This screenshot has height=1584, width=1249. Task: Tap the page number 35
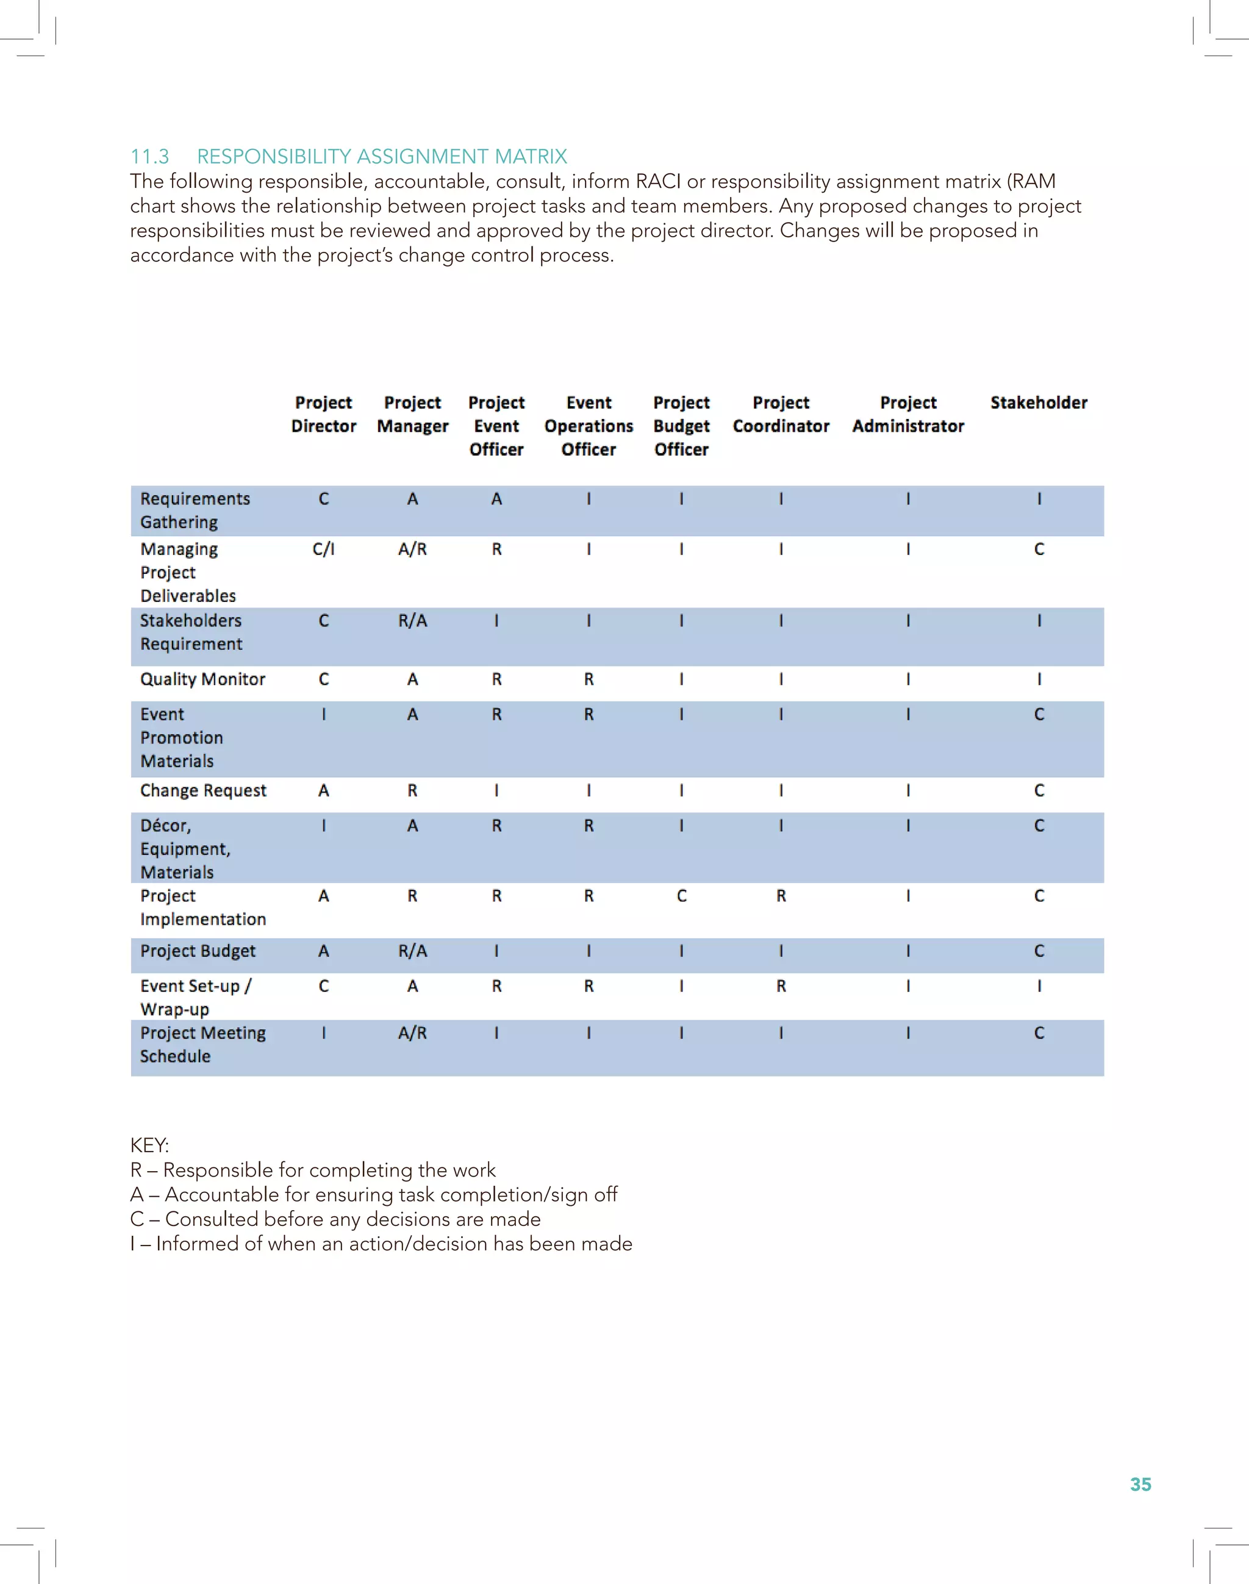tap(1140, 1484)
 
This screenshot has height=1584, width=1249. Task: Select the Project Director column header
tap(323, 414)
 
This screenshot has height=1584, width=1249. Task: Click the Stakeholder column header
tap(1039, 403)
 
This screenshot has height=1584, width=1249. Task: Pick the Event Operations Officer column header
tap(589, 426)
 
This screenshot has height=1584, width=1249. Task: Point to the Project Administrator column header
tap(907, 414)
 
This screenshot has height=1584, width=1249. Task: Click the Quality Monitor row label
tap(202, 679)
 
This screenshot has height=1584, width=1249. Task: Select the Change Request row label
tap(203, 790)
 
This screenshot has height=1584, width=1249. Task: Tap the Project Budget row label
tap(198, 951)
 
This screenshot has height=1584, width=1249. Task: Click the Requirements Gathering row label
tap(195, 510)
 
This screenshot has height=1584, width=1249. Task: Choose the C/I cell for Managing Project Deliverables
tap(323, 549)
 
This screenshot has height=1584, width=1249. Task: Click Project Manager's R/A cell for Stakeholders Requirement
tap(412, 621)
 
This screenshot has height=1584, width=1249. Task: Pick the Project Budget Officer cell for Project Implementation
tap(681, 896)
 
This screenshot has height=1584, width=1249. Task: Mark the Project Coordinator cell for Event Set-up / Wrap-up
tap(781, 986)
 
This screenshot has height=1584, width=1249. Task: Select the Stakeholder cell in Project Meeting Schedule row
tap(1039, 1033)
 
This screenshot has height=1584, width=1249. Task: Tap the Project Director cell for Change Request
tap(323, 790)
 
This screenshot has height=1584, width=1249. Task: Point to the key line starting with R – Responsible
tap(312, 1169)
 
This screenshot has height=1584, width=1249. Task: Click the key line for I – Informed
tap(381, 1243)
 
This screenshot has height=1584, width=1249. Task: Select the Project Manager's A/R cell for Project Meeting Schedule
tap(412, 1033)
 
